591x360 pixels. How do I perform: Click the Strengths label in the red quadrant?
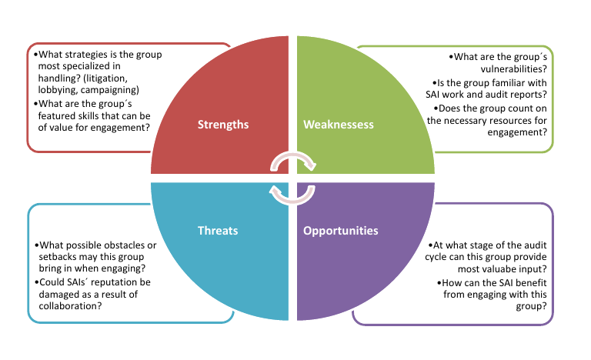[223, 125]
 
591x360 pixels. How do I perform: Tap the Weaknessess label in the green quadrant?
[339, 125]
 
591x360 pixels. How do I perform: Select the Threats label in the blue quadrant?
[218, 230]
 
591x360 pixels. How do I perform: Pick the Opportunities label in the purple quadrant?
[341, 231]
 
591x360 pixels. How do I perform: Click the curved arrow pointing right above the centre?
[293, 155]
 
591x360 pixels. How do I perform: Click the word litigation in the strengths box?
[107, 78]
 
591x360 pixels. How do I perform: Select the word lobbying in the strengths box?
[58, 90]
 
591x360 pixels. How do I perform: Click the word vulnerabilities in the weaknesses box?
[514, 69]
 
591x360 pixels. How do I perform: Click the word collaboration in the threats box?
[70, 305]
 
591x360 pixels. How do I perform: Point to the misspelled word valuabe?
[479, 269]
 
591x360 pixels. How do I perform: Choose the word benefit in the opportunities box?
[531, 283]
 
